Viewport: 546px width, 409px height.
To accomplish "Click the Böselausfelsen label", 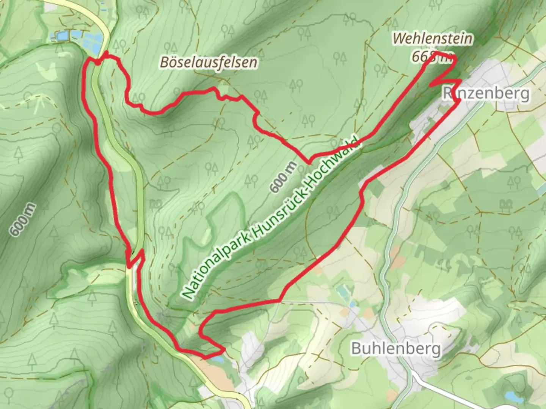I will [208, 62].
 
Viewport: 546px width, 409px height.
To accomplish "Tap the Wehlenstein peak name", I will [432, 38].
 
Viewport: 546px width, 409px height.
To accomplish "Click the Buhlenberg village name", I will [396, 348].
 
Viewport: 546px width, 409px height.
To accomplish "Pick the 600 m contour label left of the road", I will [23, 220].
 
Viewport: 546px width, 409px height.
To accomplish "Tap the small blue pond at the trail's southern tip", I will [217, 359].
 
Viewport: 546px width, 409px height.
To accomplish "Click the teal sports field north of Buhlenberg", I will [344, 291].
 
